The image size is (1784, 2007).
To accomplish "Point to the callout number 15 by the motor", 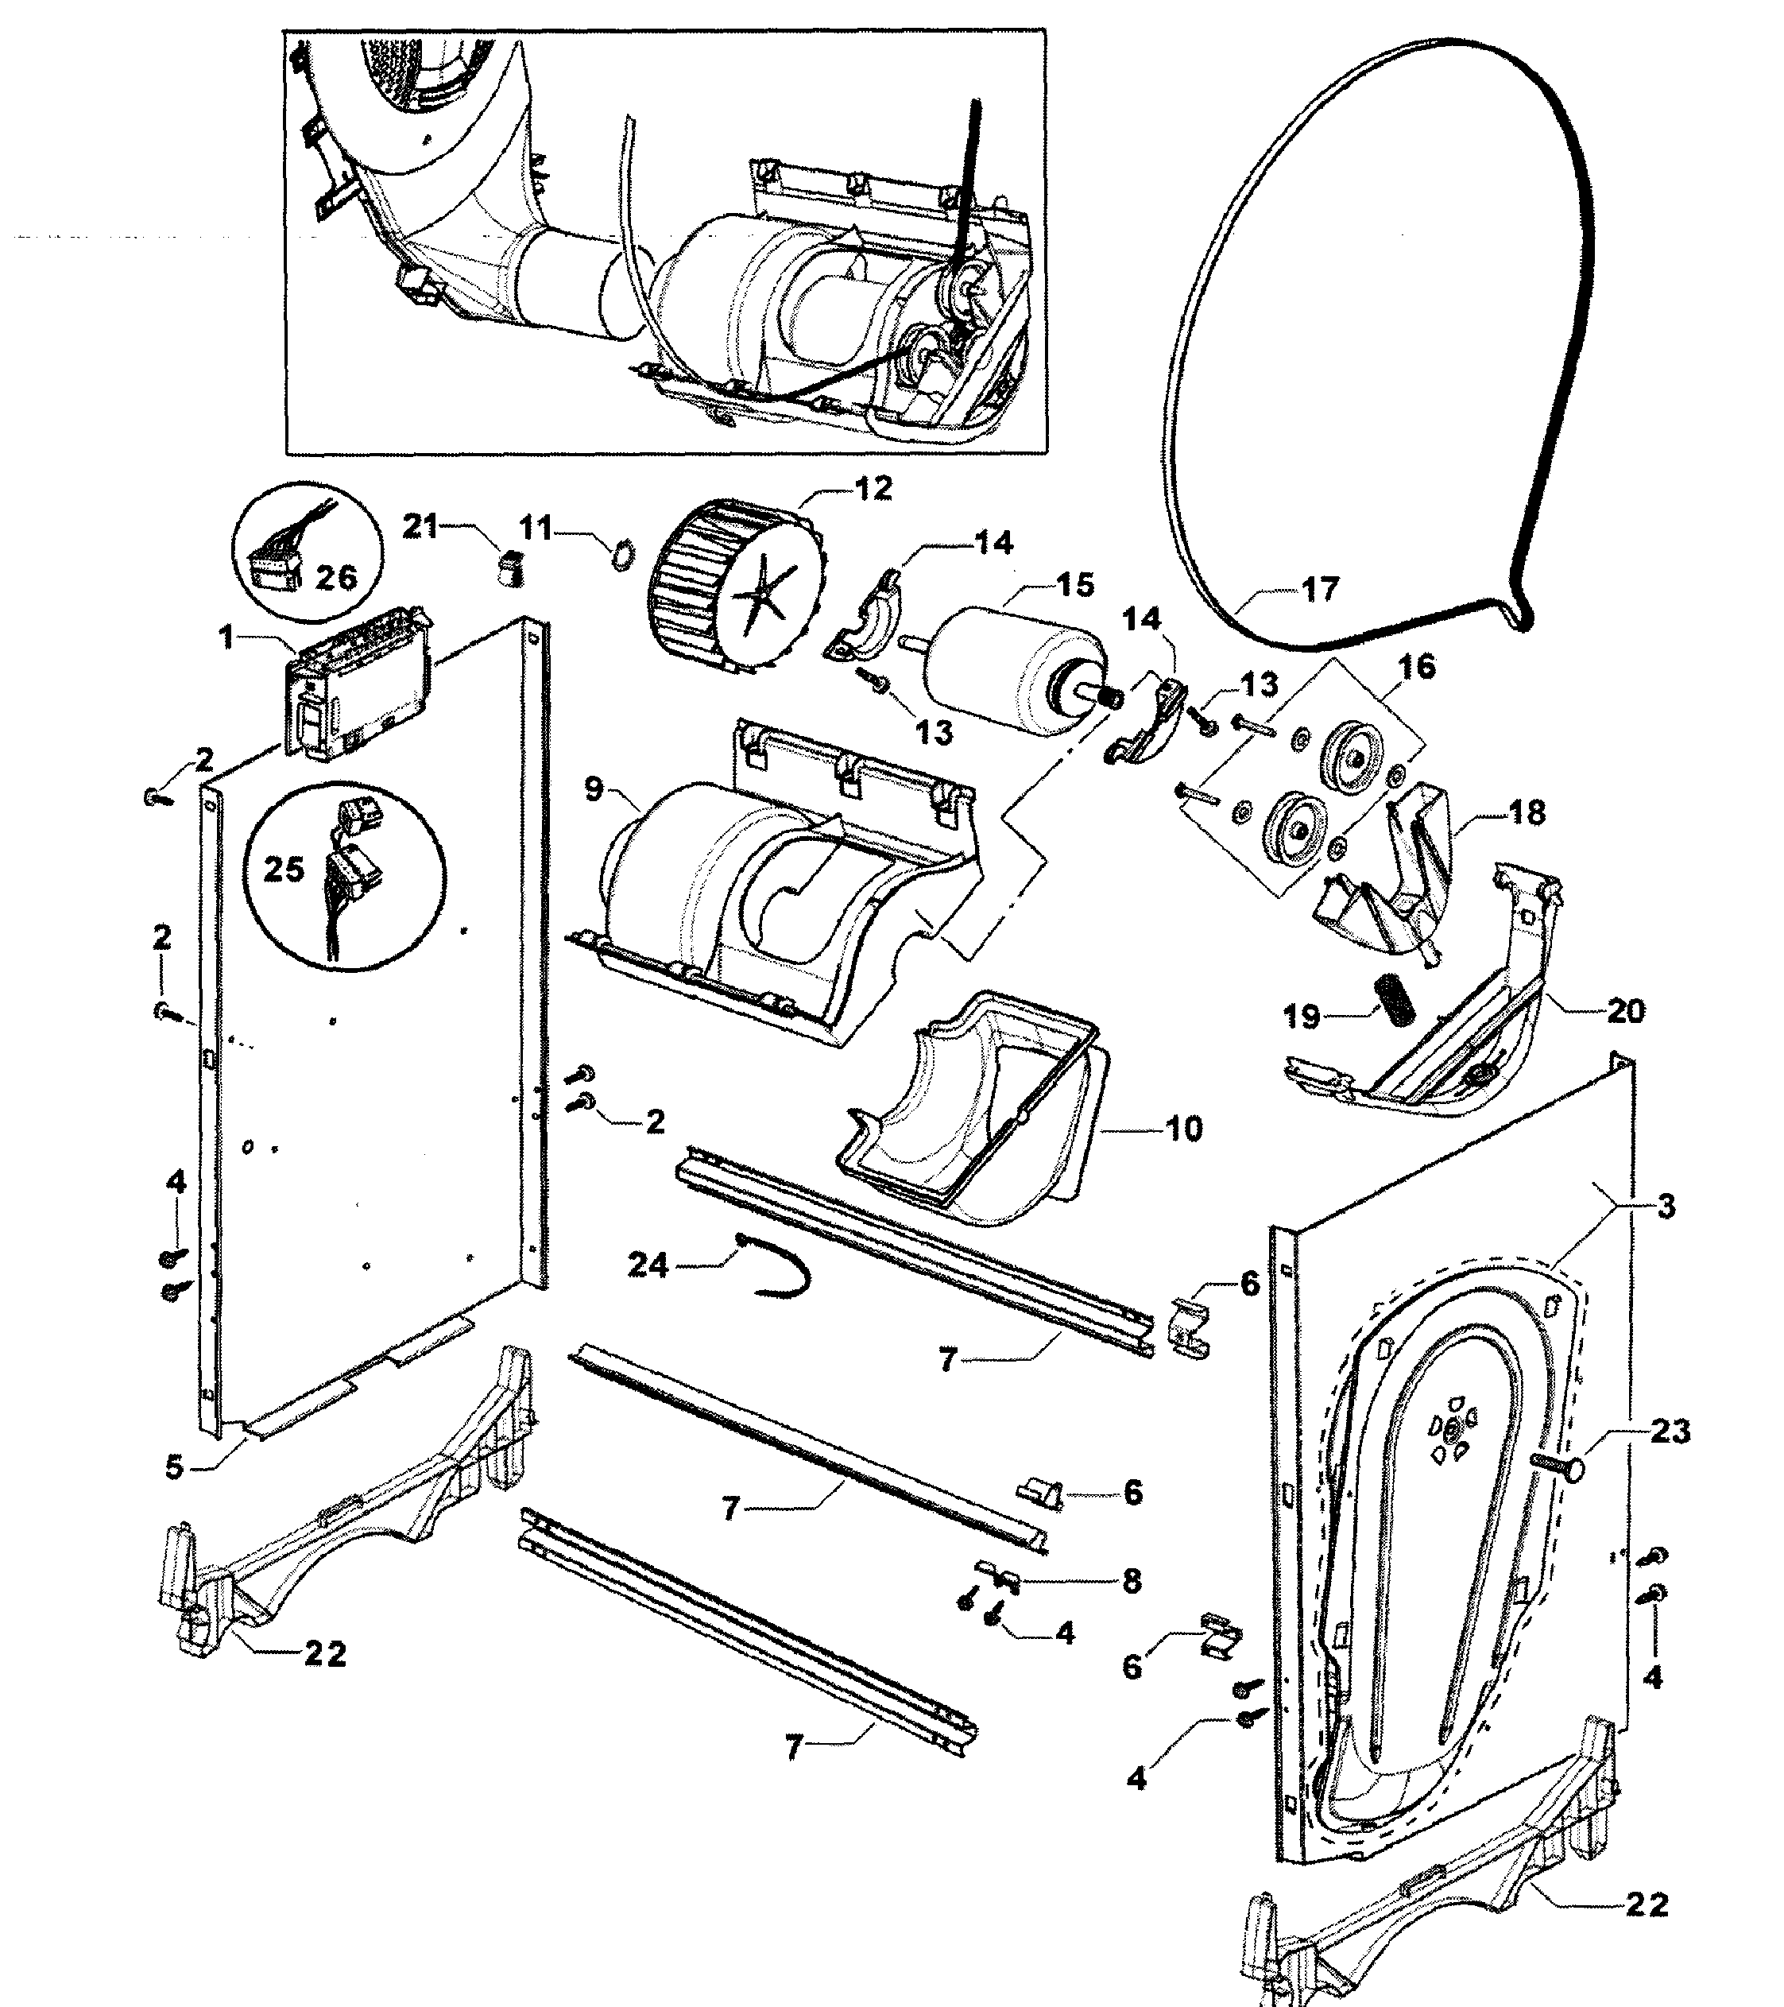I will [x=1075, y=585].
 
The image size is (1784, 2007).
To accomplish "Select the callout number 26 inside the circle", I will [x=336, y=577].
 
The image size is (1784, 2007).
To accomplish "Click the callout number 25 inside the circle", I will [x=284, y=869].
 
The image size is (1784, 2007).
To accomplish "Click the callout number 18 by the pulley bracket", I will [x=1527, y=813].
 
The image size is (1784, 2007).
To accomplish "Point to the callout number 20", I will [x=1625, y=1010].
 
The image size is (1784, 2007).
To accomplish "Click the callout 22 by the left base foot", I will [x=325, y=1655].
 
